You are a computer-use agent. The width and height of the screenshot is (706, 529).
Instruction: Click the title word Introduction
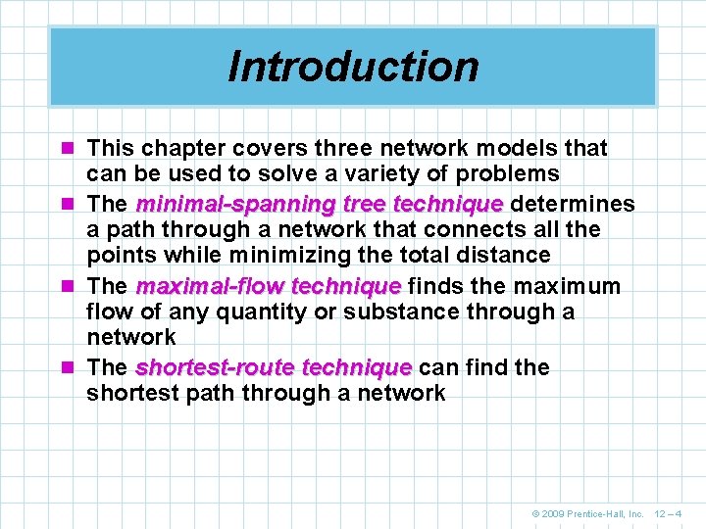coord(353,66)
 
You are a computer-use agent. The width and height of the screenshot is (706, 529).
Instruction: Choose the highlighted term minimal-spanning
coord(220,205)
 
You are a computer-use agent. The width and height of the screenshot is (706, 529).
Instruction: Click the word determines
coord(573,205)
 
